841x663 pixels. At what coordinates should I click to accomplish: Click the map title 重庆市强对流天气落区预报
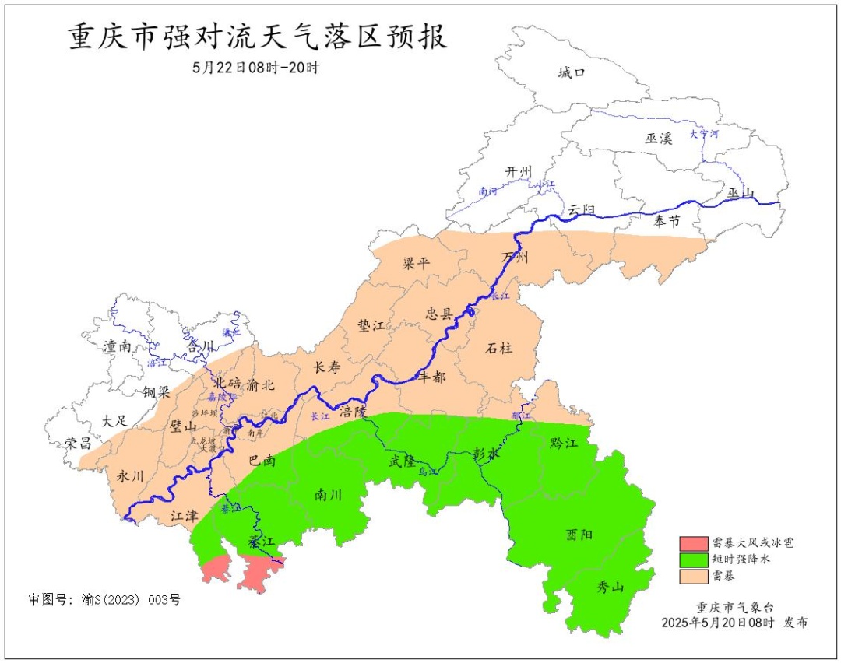258,37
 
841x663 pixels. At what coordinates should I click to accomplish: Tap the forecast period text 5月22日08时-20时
256,68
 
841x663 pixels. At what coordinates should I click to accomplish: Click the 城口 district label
571,73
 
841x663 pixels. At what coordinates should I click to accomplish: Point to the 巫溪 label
658,139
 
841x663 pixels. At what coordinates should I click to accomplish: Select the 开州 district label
518,171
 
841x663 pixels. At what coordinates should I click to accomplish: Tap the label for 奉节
667,222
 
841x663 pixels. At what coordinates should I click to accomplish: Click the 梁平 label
416,263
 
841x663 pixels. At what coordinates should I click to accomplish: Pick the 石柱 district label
499,348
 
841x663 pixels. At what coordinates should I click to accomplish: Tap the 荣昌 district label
78,444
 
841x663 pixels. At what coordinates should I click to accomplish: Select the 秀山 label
611,588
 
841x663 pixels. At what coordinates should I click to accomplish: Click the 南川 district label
328,495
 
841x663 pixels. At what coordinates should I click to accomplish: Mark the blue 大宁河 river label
704,135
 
